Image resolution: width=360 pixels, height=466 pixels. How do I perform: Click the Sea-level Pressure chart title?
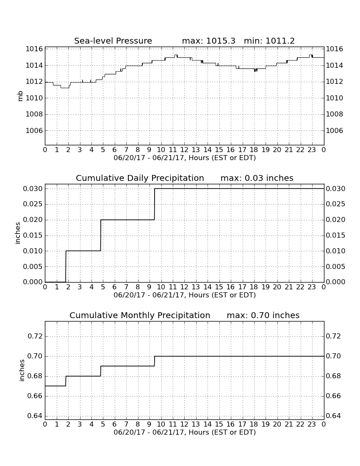click(x=113, y=41)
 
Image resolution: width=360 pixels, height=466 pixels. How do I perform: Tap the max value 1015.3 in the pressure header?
click(x=221, y=41)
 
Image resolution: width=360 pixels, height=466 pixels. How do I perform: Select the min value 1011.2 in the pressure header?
click(x=280, y=41)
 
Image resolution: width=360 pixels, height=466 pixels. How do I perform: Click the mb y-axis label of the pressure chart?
click(x=20, y=96)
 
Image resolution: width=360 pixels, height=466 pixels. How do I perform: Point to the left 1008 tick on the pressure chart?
click(x=34, y=114)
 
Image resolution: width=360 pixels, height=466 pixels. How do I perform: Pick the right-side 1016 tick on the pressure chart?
click(x=335, y=49)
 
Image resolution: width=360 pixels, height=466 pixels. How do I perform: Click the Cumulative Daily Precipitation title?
click(x=140, y=178)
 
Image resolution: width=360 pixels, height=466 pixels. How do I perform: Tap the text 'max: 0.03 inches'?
click(x=257, y=178)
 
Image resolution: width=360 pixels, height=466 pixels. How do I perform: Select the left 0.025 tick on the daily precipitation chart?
click(x=33, y=204)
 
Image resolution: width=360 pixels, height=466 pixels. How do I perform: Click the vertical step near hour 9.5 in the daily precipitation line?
click(x=155, y=204)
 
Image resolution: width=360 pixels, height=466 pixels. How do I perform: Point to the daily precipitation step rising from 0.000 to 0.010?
click(x=66, y=266)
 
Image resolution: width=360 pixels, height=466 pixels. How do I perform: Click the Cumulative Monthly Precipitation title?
click(x=140, y=315)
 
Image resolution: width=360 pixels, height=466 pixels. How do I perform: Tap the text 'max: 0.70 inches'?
click(x=263, y=315)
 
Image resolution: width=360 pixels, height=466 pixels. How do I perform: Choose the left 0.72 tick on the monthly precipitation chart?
click(x=35, y=336)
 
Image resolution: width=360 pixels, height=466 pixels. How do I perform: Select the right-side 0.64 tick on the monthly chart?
click(x=333, y=416)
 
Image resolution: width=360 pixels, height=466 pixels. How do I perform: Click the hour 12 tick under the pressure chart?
click(x=184, y=150)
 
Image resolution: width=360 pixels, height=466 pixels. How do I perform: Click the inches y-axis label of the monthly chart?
click(x=22, y=370)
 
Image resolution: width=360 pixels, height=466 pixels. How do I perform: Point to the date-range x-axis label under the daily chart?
click(x=185, y=295)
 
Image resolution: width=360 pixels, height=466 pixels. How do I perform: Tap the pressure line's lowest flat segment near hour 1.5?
click(x=65, y=88)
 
